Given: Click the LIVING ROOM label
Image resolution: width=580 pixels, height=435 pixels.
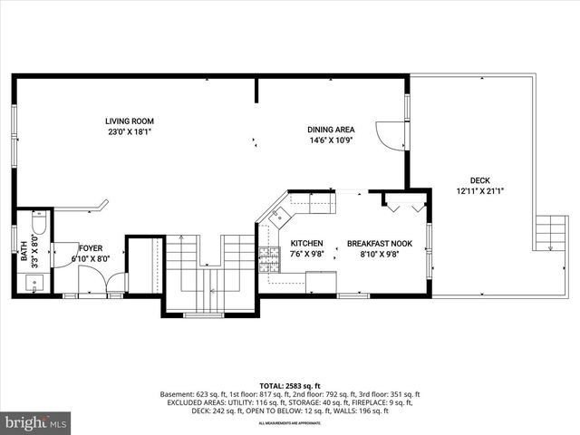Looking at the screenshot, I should [x=129, y=121].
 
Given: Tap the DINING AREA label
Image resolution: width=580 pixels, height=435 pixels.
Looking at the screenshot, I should [x=330, y=130].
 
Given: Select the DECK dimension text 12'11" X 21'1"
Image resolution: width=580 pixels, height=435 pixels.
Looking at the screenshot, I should [x=479, y=191].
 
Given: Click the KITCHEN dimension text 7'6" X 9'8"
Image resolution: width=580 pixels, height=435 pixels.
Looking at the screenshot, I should [x=306, y=255].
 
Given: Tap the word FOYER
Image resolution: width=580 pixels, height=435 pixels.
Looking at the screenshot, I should [x=91, y=247].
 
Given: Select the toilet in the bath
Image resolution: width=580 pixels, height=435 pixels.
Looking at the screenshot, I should [x=38, y=224].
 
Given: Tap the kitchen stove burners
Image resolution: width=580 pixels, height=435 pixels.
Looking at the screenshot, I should [x=268, y=261].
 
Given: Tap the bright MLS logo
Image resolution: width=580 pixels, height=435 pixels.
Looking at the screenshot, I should [x=36, y=422].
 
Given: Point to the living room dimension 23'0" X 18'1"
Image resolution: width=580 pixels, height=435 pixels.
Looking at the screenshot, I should [x=129, y=131].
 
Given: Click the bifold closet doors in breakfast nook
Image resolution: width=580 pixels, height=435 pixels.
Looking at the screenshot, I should [x=404, y=204].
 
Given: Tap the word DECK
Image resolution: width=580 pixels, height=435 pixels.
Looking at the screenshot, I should [x=479, y=179].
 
